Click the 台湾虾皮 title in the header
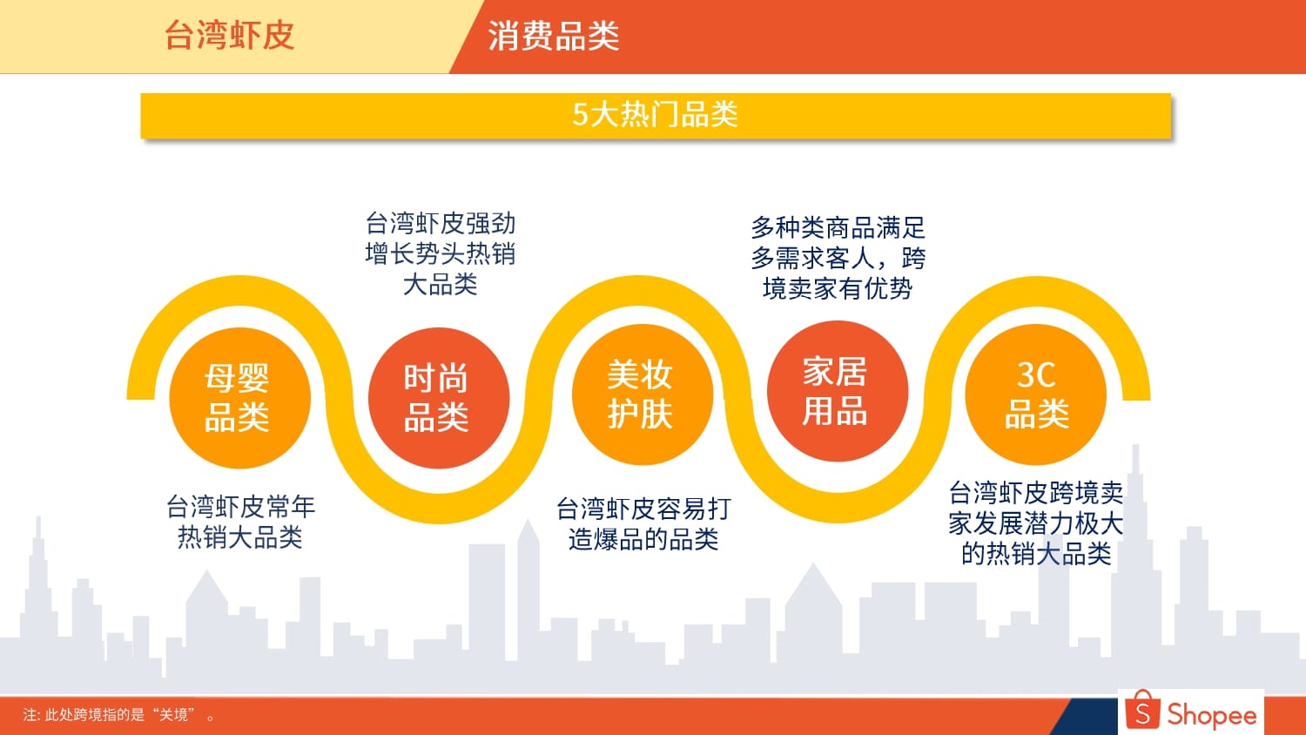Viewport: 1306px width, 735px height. click(229, 35)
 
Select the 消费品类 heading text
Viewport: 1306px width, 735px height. click(553, 36)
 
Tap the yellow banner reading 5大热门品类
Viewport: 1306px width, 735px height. click(656, 116)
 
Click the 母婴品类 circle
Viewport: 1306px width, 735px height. click(239, 398)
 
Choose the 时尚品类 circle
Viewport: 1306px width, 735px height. click(439, 398)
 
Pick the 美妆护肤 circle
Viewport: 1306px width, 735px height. click(643, 394)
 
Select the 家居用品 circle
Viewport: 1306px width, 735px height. click(838, 391)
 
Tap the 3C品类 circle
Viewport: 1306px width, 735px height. click(1035, 394)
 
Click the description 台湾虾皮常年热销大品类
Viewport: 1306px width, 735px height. click(240, 523)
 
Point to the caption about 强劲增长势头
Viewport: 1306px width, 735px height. click(441, 253)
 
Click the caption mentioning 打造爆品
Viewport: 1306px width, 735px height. click(643, 524)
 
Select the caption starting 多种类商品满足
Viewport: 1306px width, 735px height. click(838, 257)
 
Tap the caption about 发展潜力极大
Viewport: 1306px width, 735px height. click(1035, 523)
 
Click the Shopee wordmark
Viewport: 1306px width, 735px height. click(1212, 714)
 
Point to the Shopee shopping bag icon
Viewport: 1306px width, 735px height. click(1142, 710)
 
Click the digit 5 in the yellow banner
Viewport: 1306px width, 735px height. click(580, 114)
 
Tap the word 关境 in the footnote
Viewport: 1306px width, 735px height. click(174, 715)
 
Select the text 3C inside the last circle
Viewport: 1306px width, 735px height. click(1036, 374)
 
